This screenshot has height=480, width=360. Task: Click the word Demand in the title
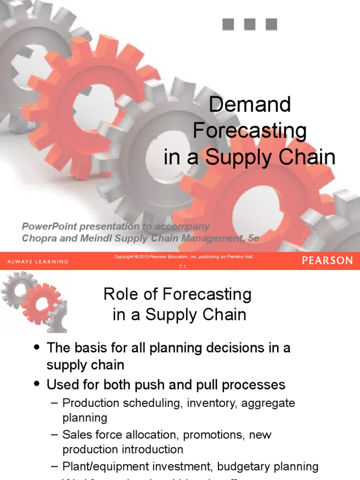coord(249,105)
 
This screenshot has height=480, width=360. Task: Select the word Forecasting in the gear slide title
coord(250,131)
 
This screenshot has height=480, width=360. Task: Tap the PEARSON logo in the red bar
coord(327,261)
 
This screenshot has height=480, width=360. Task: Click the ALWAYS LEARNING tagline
coord(37,261)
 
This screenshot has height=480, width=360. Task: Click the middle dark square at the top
coord(250,24)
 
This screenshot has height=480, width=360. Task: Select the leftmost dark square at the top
coord(228,24)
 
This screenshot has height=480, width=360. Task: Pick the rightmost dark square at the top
coord(271,24)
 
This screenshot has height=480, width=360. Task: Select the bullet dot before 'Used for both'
coord(37,385)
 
